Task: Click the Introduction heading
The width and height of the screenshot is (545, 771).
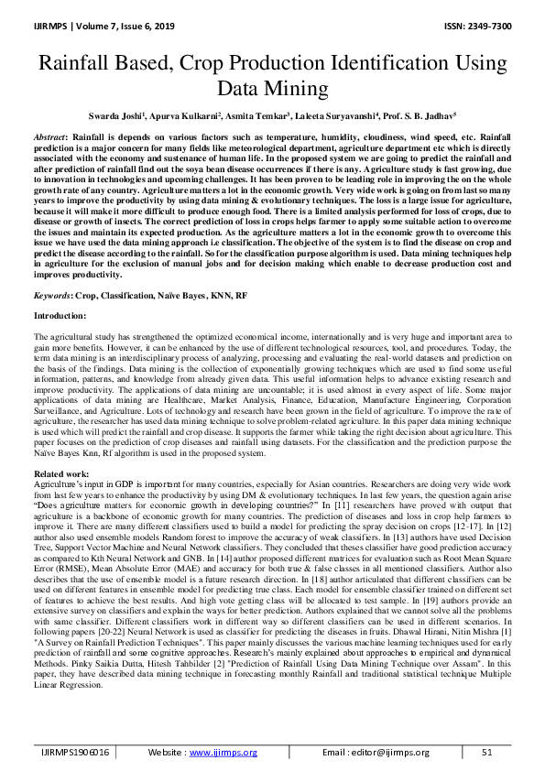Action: (60, 317)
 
